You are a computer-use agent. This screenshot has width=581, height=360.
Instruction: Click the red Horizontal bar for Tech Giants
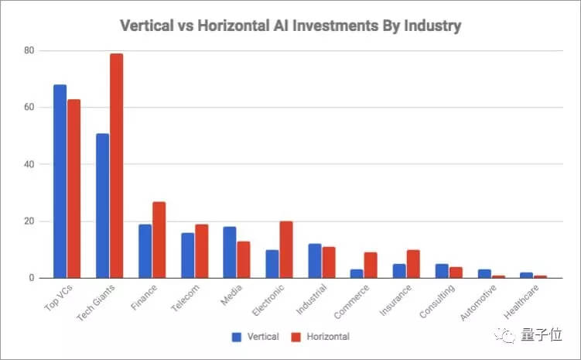click(116, 166)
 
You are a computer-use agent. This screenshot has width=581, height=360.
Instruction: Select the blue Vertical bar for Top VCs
click(60, 181)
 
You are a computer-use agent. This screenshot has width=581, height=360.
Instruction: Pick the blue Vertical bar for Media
click(229, 252)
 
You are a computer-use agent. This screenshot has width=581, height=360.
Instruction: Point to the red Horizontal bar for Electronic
click(286, 249)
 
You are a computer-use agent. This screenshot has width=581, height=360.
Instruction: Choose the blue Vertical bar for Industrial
click(314, 261)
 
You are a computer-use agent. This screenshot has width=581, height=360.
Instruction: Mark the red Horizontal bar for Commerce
click(371, 266)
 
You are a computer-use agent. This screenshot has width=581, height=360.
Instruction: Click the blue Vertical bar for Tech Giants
click(102, 205)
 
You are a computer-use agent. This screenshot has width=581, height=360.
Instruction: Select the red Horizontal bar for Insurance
click(414, 264)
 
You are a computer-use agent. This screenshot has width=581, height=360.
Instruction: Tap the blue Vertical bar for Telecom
click(186, 255)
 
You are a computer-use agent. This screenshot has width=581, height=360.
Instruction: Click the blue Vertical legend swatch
click(237, 338)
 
